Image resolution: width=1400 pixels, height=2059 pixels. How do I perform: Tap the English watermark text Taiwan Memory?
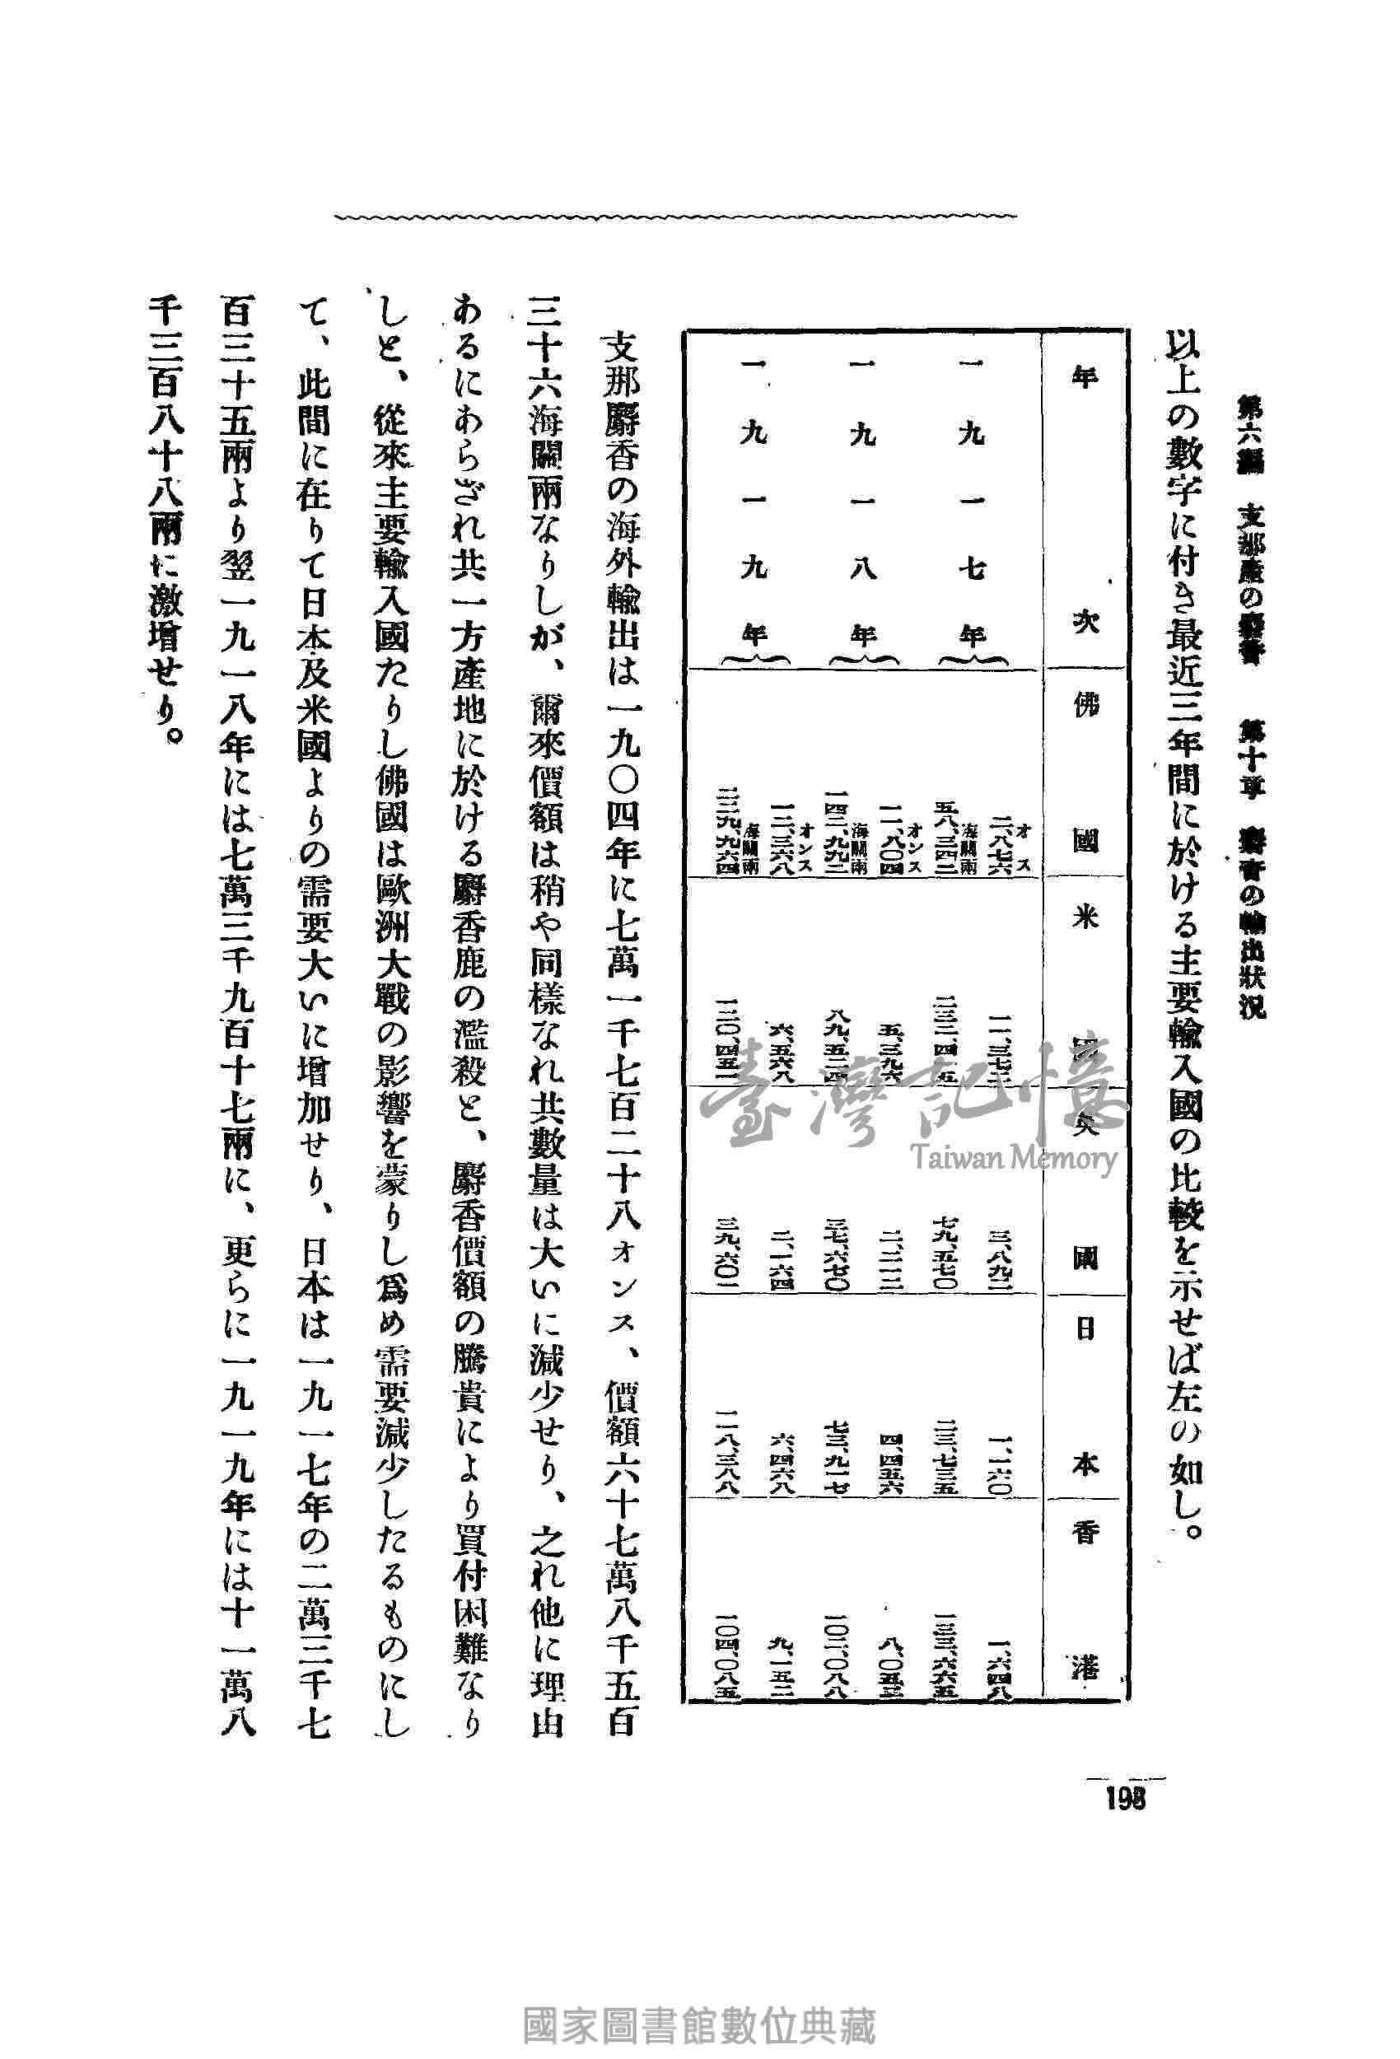(1015, 1157)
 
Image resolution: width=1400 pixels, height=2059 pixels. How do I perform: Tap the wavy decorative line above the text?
(677, 216)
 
